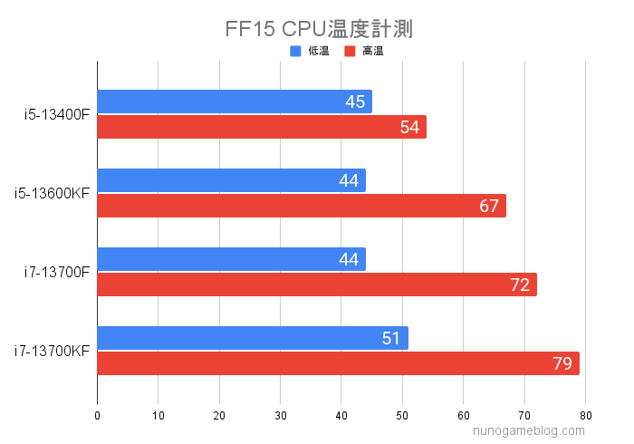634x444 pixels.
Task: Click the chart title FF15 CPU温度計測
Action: click(318, 29)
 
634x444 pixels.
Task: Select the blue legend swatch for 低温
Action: click(294, 52)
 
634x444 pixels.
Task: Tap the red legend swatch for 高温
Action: click(349, 52)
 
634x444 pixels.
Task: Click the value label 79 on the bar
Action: click(562, 364)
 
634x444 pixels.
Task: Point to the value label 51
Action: click(391, 339)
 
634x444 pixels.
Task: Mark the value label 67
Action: click(489, 206)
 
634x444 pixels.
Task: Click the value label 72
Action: click(520, 285)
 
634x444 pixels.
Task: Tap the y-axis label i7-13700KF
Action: click(52, 351)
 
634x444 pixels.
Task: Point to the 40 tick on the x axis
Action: click(341, 416)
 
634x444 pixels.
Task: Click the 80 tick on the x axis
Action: click(585, 416)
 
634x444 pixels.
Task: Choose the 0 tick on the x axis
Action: click(97, 416)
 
